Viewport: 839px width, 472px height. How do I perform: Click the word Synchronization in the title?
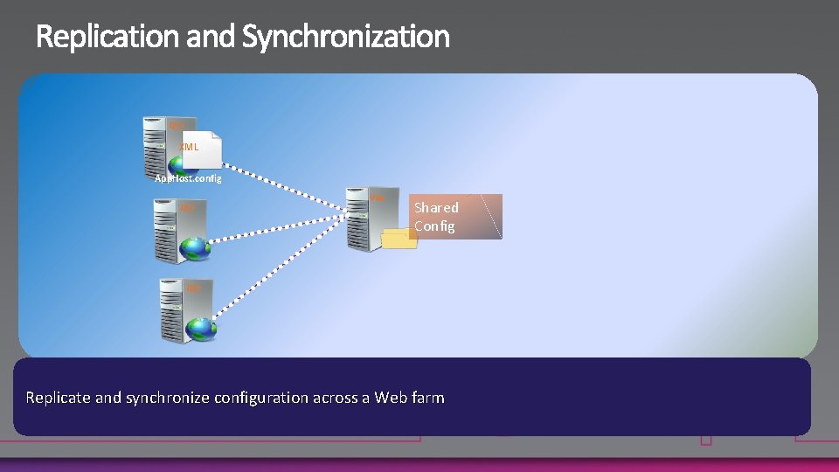click(x=345, y=37)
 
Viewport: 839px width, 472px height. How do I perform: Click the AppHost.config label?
click(x=188, y=178)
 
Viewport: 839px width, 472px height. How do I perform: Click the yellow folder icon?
click(x=400, y=238)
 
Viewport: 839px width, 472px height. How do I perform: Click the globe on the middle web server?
click(x=194, y=249)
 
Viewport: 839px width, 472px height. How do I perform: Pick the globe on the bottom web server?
click(x=201, y=330)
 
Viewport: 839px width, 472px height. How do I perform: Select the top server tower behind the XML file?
click(x=157, y=144)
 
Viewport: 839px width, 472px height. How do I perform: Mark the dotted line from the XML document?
click(x=288, y=188)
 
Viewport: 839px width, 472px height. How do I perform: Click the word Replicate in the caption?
click(x=58, y=398)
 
